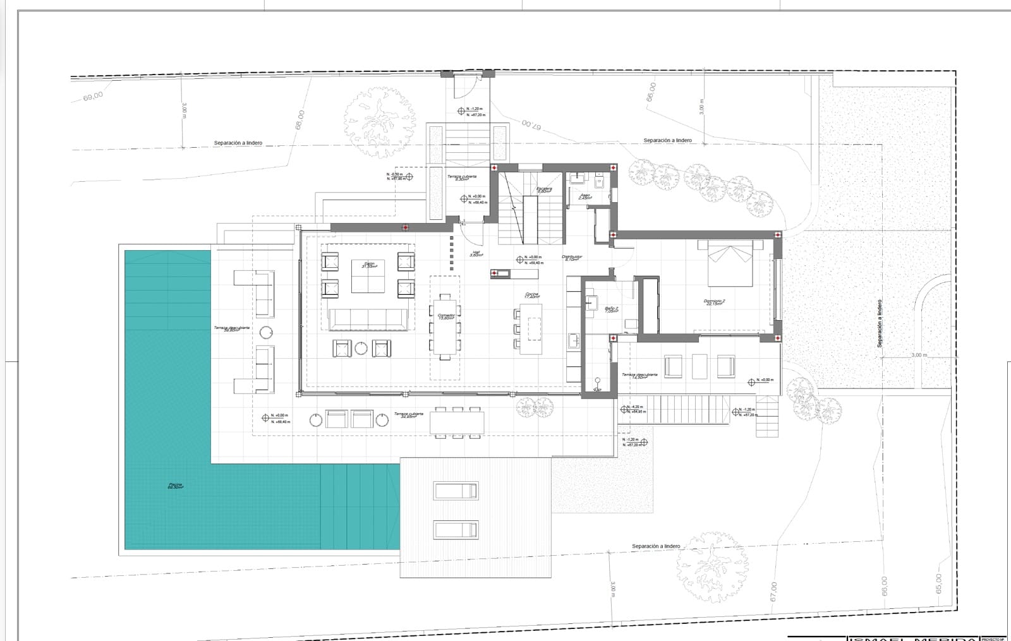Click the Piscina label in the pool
tap(175, 486)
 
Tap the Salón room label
tap(369, 265)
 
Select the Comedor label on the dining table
tap(446, 316)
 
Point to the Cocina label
tap(531, 295)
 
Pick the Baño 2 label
tap(612, 309)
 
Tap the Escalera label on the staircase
tap(544, 189)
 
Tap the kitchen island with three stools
tap(531, 328)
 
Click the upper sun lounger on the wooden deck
tap(456, 491)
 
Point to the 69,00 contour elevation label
tap(92, 97)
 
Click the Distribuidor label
tap(572, 258)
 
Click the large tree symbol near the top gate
tap(380, 119)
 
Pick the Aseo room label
tap(585, 196)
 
